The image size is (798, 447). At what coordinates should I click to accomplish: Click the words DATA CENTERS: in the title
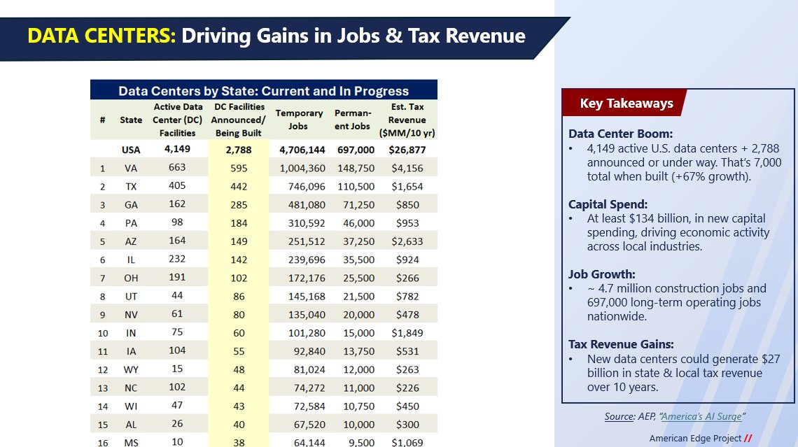click(101, 35)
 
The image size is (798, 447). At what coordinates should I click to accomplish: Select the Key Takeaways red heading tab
click(626, 104)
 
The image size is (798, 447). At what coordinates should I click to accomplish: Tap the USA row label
click(131, 150)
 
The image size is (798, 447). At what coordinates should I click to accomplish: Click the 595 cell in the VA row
click(238, 168)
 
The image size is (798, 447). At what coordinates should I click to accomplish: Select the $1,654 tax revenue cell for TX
click(407, 186)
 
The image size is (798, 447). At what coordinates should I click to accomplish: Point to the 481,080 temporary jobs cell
click(302, 205)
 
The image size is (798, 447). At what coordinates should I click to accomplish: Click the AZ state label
click(131, 241)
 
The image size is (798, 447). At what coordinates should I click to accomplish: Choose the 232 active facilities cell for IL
click(178, 259)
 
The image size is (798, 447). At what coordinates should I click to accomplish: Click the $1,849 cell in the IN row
click(407, 333)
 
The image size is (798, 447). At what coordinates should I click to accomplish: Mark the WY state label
click(131, 369)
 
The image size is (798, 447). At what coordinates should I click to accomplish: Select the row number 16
click(102, 442)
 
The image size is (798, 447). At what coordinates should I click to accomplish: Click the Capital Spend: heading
click(608, 205)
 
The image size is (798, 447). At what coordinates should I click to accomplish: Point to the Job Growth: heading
click(601, 274)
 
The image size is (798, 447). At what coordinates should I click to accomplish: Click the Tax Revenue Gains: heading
click(621, 344)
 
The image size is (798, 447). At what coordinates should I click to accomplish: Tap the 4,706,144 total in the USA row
click(302, 150)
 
